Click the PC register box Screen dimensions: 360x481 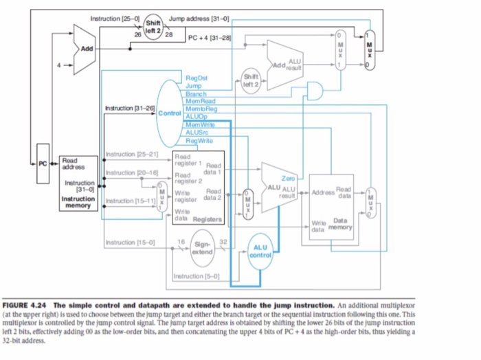point(41,165)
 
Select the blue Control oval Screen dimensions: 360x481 point(169,110)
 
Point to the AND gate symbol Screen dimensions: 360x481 point(316,90)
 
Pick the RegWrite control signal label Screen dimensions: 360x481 point(198,139)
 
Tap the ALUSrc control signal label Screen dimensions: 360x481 point(198,132)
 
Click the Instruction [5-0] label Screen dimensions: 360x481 point(196,278)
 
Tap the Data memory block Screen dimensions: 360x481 point(333,203)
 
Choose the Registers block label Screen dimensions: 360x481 point(208,220)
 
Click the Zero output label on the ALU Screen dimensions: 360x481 point(288,178)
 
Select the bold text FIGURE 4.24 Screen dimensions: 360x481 point(27,305)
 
